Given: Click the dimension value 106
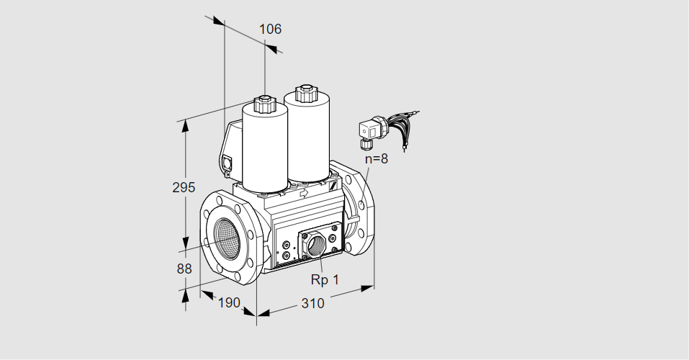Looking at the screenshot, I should [270, 30].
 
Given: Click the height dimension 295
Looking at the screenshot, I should [184, 188].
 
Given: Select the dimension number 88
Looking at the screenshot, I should [184, 269].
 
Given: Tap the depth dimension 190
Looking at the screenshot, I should [228, 302].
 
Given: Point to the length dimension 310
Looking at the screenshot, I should [312, 303].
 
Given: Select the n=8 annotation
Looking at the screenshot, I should [375, 159].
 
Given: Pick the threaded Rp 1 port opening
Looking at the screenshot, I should [315, 245].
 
